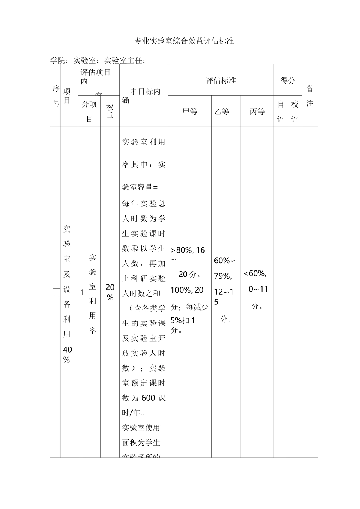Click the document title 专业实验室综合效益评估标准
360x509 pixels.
click(185, 41)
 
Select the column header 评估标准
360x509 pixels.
click(221, 81)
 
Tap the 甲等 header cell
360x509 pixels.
click(190, 112)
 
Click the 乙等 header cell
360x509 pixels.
click(222, 112)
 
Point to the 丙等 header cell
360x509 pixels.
click(257, 112)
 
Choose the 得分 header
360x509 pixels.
click(288, 81)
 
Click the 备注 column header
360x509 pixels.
click(310, 96)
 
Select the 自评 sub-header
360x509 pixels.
click(281, 112)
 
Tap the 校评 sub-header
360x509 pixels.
click(295, 112)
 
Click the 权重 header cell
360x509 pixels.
click(110, 112)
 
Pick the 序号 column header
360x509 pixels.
click(56, 96)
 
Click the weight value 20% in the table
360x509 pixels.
click(110, 292)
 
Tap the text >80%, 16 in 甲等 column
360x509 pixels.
click(188, 250)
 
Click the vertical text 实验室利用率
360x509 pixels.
click(92, 294)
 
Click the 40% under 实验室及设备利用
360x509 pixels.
click(67, 354)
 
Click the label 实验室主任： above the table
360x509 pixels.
click(125, 61)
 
